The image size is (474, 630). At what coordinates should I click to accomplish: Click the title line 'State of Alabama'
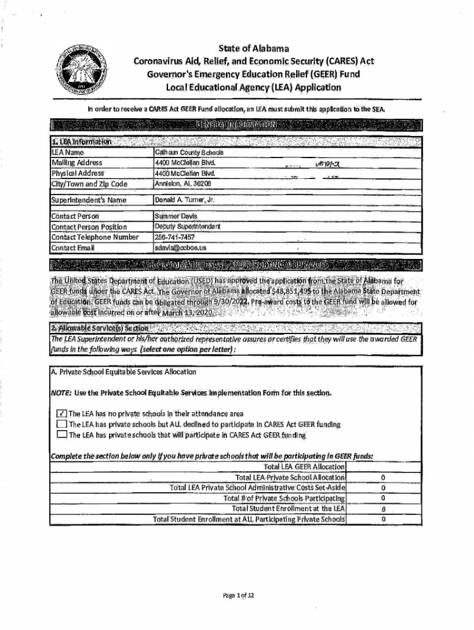[254, 48]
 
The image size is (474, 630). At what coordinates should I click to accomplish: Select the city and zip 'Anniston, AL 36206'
[183, 183]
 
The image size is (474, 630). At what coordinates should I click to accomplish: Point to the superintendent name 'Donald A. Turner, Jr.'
[185, 200]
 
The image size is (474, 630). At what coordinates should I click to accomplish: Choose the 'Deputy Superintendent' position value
[187, 226]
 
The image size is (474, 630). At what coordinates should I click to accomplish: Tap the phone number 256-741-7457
[175, 237]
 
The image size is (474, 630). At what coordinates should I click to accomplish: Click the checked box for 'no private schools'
[62, 413]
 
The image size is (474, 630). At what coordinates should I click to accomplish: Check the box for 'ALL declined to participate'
[62, 424]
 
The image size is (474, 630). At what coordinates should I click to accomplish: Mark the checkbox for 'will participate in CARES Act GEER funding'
[62, 435]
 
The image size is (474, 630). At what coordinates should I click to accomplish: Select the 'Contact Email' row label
[73, 247]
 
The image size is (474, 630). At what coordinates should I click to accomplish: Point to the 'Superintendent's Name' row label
[89, 200]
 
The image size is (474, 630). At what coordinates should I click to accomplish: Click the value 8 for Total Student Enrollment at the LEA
[383, 509]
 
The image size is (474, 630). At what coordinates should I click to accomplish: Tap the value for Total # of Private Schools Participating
[383, 498]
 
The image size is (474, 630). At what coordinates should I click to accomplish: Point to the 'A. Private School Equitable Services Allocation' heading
[124, 372]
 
